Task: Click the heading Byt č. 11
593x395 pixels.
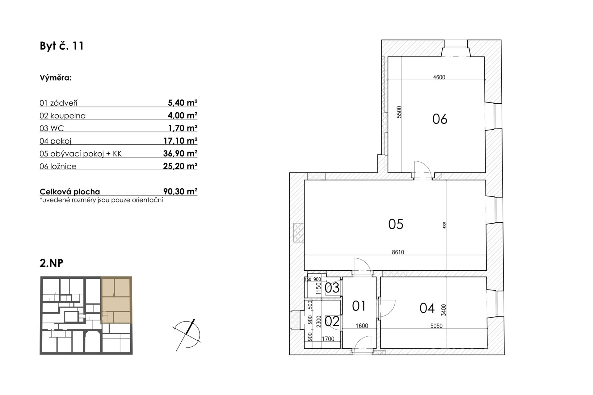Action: pyautogui.click(x=62, y=46)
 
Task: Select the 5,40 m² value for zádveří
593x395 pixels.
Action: pyautogui.click(x=183, y=102)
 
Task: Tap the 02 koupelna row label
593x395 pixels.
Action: pyautogui.click(x=63, y=115)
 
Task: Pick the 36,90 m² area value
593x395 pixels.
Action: pyautogui.click(x=180, y=153)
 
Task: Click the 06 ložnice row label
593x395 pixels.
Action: pyautogui.click(x=58, y=166)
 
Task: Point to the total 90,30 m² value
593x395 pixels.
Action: pyautogui.click(x=180, y=192)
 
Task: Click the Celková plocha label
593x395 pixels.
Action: pyautogui.click(x=70, y=192)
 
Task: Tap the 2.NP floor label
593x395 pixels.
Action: pyautogui.click(x=52, y=263)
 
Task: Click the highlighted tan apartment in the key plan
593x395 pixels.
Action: pyautogui.click(x=116, y=300)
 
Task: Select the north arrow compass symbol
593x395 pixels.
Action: pyautogui.click(x=187, y=335)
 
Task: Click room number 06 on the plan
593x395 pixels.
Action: pyautogui.click(x=440, y=119)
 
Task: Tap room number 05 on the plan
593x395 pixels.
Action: pyautogui.click(x=396, y=224)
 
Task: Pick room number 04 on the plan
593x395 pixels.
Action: pyautogui.click(x=427, y=308)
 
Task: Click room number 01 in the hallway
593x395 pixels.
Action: pyautogui.click(x=359, y=306)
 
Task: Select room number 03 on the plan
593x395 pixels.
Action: pyautogui.click(x=332, y=288)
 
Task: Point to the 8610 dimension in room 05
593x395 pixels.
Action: pyautogui.click(x=398, y=252)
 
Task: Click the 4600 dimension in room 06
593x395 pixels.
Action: pyautogui.click(x=439, y=77)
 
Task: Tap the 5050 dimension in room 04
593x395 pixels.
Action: pyautogui.click(x=436, y=326)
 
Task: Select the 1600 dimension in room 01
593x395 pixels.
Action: pyautogui.click(x=362, y=326)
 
